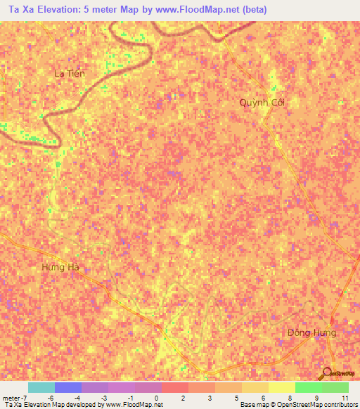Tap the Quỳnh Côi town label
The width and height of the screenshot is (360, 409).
pyautogui.click(x=262, y=102)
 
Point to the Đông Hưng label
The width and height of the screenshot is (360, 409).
pyautogui.click(x=311, y=332)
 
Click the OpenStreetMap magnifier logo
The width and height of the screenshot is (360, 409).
pyautogui.click(x=326, y=374)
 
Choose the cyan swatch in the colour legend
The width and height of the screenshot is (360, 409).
pyautogui.click(x=41, y=387)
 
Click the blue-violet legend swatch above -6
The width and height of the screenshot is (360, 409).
pyautogui.click(x=67, y=387)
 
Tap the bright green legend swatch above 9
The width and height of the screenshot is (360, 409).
pyautogui.click(x=308, y=387)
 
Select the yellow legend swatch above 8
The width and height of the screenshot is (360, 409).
pyautogui.click(x=281, y=387)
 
